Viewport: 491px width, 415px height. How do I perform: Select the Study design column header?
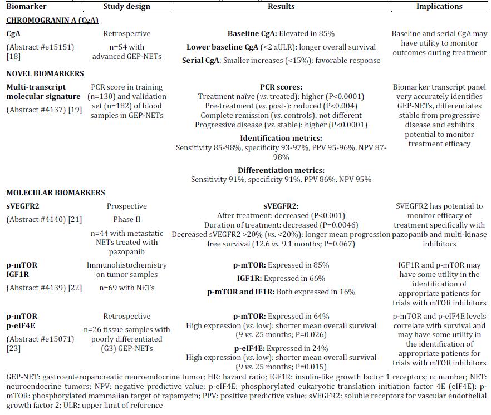pos(126,7)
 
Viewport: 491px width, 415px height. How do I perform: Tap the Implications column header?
pos(439,7)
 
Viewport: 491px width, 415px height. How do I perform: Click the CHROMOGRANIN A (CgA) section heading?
pos(52,21)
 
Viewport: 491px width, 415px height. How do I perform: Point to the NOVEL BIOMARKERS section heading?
pos(45,74)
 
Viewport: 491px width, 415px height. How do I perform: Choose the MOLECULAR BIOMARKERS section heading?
pos(55,193)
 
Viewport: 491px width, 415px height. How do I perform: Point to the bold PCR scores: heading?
pos(281,87)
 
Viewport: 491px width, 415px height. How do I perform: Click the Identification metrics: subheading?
pos(281,137)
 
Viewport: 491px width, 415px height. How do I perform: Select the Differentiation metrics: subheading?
pos(281,170)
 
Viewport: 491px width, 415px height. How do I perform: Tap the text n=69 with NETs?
pos(126,288)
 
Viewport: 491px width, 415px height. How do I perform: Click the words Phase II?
pos(126,220)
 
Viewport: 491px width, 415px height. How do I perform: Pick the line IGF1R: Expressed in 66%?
pos(281,278)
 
